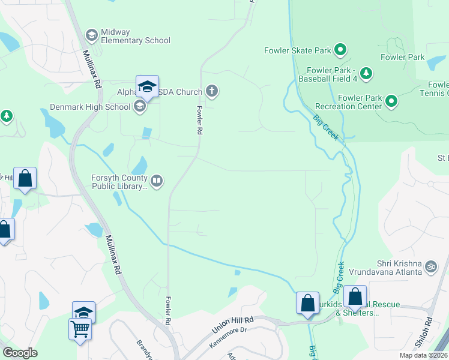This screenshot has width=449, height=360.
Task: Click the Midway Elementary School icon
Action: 91,35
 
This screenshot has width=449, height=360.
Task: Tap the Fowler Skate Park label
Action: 298,50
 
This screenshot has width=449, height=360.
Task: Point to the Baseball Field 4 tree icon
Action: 365,73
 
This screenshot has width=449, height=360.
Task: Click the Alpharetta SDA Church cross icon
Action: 211,92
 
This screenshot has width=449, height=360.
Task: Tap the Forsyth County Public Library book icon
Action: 157,181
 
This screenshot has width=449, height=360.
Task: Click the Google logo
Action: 20,353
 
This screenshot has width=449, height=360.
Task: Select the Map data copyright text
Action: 424,355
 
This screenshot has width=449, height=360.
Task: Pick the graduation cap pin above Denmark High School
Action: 147,87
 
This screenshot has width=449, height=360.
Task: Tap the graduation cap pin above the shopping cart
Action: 84,312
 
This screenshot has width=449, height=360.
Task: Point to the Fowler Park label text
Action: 402,57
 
